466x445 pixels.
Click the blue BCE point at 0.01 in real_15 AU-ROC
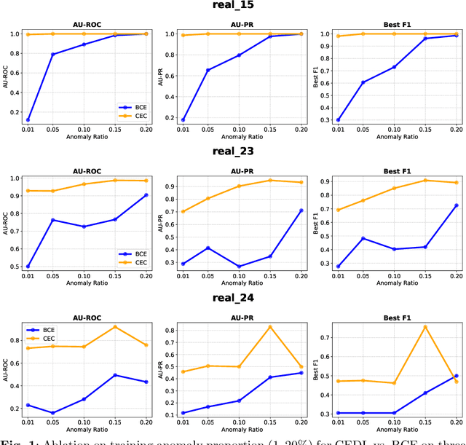pyautogui.click(x=28, y=119)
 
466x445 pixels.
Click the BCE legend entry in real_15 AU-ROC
pyautogui.click(x=131, y=106)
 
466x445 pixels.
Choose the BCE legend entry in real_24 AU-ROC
pyautogui.click(x=46, y=329)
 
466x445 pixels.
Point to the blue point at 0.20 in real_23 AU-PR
pyautogui.click(x=301, y=210)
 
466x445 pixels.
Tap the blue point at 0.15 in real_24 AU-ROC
pyautogui.click(x=114, y=375)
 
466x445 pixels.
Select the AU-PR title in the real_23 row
pyautogui.click(x=238, y=168)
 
